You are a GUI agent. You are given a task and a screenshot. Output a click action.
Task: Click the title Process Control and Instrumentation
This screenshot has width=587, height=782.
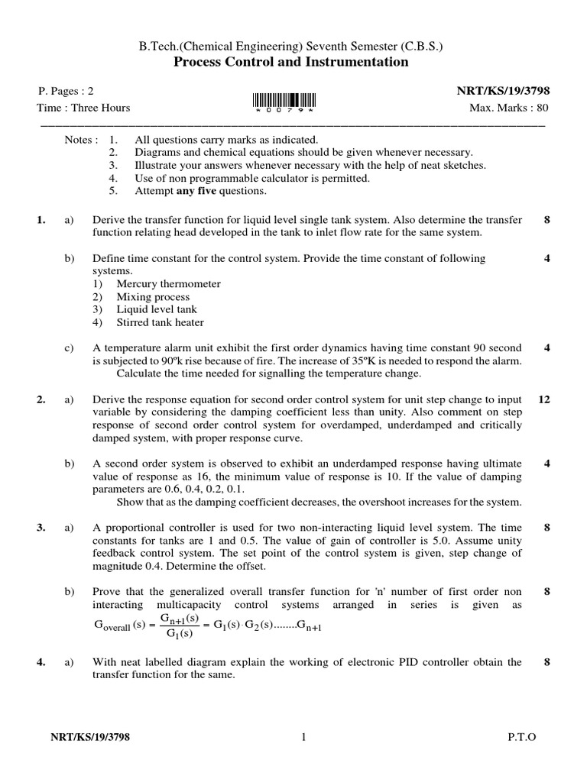[x=293, y=62]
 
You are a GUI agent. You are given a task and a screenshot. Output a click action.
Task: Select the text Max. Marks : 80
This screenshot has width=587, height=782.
[x=508, y=108]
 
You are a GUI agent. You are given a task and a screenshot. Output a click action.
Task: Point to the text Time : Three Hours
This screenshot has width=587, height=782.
[x=84, y=108]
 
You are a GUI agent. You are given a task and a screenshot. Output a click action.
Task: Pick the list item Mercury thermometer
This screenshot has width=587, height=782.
[x=168, y=284]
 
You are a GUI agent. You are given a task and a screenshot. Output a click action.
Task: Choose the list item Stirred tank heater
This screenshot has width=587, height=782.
[x=160, y=322]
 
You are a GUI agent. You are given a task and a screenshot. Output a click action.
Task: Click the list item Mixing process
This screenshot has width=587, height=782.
[x=153, y=297]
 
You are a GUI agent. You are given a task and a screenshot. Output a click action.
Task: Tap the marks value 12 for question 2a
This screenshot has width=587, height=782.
[x=544, y=399]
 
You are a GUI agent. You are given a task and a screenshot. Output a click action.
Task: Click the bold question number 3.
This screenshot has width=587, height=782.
[x=41, y=528]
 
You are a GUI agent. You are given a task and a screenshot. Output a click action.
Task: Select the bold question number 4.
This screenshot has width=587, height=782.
[x=41, y=663]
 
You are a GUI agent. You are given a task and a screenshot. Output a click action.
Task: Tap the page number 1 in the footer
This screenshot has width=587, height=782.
[x=303, y=737]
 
